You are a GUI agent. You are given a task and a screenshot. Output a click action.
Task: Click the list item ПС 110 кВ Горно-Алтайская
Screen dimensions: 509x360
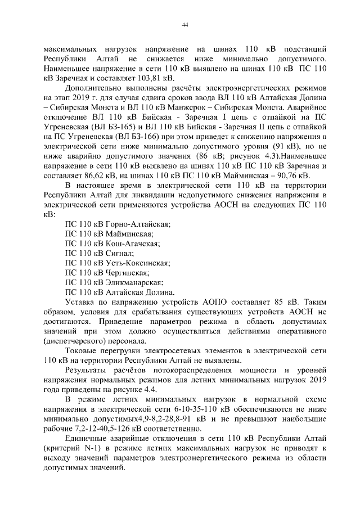click(x=111, y=224)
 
